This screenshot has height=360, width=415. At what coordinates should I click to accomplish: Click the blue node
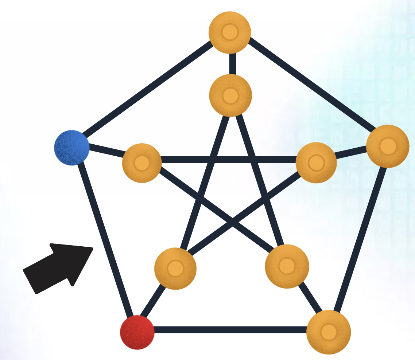pyautogui.click(x=72, y=148)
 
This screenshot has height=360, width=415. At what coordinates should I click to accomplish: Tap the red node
pyautogui.click(x=137, y=332)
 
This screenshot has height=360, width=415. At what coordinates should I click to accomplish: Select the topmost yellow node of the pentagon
pyautogui.click(x=230, y=32)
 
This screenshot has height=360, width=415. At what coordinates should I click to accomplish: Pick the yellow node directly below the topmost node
pyautogui.click(x=230, y=95)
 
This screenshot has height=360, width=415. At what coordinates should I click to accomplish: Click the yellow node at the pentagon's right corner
pyautogui.click(x=388, y=146)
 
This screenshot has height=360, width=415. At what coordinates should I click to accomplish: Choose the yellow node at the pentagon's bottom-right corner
pyautogui.click(x=328, y=332)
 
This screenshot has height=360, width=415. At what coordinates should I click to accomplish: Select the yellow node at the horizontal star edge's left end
pyautogui.click(x=141, y=163)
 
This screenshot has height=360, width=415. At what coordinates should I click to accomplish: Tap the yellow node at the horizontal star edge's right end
pyautogui.click(x=316, y=163)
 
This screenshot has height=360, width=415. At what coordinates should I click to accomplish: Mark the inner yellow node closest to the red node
pyautogui.click(x=175, y=269)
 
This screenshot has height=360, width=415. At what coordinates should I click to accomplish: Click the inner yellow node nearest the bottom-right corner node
pyautogui.click(x=287, y=266)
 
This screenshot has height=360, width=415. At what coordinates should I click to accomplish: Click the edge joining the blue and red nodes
pyautogui.click(x=105, y=240)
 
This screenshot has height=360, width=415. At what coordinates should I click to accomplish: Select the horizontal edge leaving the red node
pyautogui.click(x=230, y=330)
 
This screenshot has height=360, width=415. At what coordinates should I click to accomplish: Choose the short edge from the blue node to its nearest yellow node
pyautogui.click(x=106, y=152)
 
